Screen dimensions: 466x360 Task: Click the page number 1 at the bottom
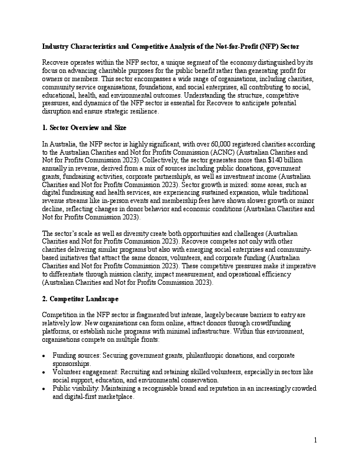point(315,440)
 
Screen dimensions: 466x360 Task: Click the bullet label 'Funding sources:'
point(74,356)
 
